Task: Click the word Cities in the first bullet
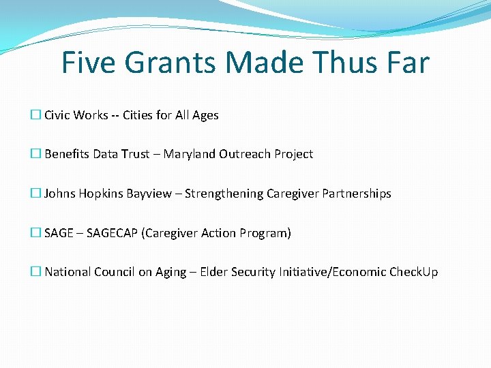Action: [138, 115]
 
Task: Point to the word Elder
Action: [213, 272]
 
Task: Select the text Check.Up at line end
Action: [413, 272]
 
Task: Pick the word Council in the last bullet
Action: [115, 272]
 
